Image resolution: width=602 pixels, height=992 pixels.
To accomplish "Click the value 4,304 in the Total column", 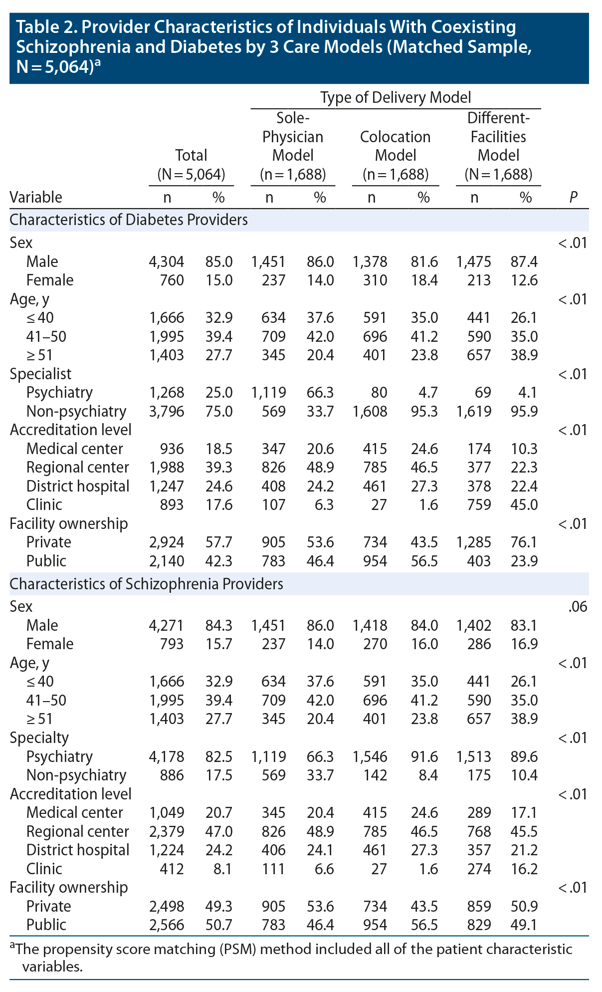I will [x=167, y=261].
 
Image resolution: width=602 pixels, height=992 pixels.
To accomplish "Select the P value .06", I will [x=577, y=607].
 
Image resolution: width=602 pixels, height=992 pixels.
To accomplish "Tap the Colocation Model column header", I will [x=396, y=146].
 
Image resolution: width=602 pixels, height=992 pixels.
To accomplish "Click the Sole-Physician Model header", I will [x=293, y=137].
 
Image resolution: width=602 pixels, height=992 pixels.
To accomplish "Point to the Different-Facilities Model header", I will [x=498, y=137].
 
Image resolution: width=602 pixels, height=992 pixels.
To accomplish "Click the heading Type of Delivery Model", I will [x=396, y=97].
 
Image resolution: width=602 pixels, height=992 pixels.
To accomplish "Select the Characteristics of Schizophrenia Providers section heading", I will [x=147, y=584].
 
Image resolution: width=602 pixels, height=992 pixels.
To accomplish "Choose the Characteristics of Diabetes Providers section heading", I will [x=129, y=220].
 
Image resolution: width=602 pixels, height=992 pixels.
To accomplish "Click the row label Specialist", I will [x=40, y=374].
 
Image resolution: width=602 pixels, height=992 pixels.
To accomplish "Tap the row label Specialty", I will [x=39, y=738].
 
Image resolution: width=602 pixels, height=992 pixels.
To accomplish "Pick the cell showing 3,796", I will [x=167, y=411].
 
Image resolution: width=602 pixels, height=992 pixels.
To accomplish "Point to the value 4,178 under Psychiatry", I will [x=167, y=756].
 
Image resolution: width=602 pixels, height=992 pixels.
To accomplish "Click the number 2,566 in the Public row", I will [x=167, y=925].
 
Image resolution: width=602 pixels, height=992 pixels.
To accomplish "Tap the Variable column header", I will [x=36, y=198].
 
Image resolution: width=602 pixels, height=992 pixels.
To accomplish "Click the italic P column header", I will [x=573, y=198].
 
